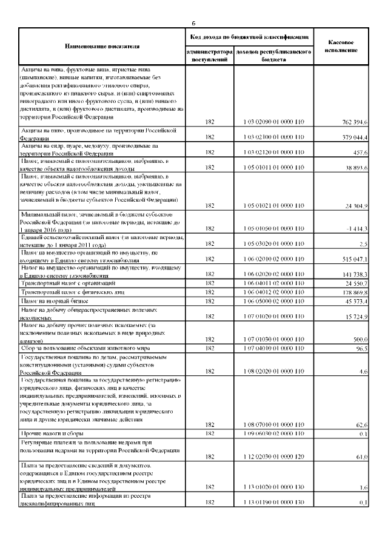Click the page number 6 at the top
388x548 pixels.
click(x=194, y=23)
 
